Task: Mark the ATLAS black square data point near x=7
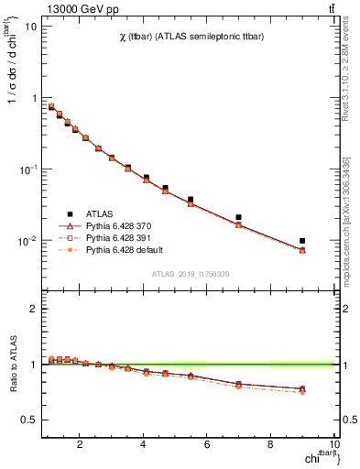click(238, 217)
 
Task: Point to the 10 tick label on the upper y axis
click(30, 27)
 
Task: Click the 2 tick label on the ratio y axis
click(32, 309)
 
